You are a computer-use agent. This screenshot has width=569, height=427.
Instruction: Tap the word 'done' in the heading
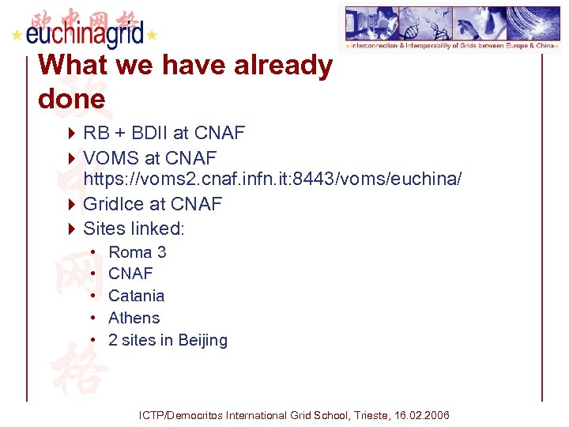point(71,99)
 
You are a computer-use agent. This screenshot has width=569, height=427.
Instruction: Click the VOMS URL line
point(272,179)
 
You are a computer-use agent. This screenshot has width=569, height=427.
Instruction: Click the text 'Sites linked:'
point(134,229)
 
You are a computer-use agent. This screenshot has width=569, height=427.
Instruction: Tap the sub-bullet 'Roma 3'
point(137,252)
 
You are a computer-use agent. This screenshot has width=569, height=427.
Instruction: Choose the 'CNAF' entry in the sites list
point(130,274)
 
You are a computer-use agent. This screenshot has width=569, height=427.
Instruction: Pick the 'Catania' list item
point(136,296)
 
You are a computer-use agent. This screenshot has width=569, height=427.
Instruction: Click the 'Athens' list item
point(134,318)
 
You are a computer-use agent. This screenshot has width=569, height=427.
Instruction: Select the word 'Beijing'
point(202,341)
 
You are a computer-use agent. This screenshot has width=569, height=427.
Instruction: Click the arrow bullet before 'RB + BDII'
point(70,133)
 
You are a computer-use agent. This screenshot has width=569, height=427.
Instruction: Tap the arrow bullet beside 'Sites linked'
point(70,229)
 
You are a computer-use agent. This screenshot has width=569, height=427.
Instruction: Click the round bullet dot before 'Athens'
point(92,318)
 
